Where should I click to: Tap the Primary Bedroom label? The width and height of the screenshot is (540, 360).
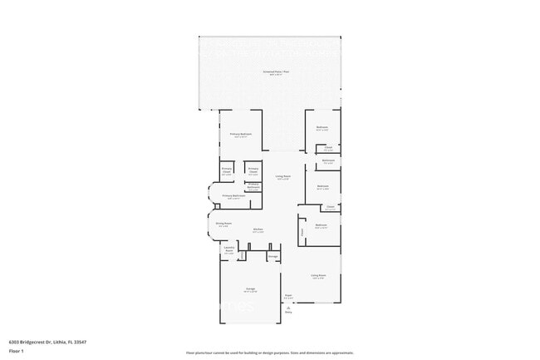[242, 135]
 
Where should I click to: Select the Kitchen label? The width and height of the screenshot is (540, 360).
[258, 231]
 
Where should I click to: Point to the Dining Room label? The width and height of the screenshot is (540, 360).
[223, 224]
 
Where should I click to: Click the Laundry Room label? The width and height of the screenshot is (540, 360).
[228, 250]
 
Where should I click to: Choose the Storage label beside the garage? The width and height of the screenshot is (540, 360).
[272, 257]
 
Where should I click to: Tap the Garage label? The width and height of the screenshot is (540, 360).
[249, 290]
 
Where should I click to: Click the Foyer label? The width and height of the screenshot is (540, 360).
[288, 295]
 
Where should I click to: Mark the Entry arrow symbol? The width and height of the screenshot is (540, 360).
[288, 307]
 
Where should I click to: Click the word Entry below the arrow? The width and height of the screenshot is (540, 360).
[288, 313]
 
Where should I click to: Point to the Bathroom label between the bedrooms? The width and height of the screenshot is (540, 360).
[328, 160]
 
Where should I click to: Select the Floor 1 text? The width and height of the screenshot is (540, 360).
[16, 352]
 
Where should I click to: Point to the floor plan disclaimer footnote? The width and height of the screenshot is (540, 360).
[270, 353]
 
